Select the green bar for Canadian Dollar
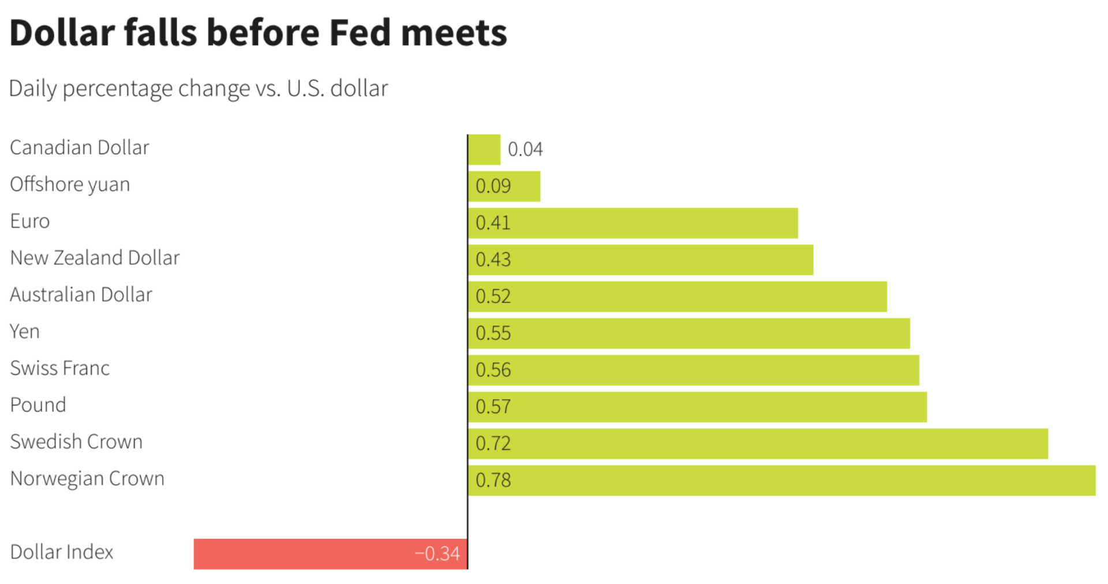point(484,149)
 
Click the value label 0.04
point(525,149)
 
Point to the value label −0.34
point(437,553)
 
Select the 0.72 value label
point(493,443)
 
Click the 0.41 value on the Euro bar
point(493,223)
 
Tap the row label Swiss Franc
point(60,368)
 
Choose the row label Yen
point(25,331)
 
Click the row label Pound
point(38,405)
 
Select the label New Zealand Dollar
point(95,257)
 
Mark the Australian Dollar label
point(81,294)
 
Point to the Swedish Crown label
point(76,441)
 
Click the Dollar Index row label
point(62,552)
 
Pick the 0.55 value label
point(493,333)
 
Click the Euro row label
point(30,221)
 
